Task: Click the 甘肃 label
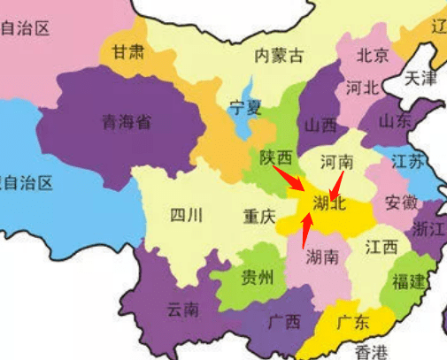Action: tap(127, 51)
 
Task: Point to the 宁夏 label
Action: tap(246, 109)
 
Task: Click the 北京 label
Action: tap(372, 56)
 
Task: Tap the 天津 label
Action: tap(420, 78)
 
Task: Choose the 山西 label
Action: tap(320, 126)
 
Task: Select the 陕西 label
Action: tap(276, 157)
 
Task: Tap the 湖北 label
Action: tap(330, 204)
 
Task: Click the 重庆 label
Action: tap(260, 216)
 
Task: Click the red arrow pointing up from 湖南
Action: tap(307, 232)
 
